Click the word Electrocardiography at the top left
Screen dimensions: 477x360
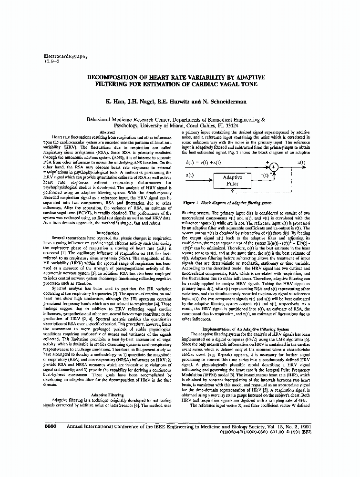(66, 56)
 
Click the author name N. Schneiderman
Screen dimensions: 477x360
(230, 102)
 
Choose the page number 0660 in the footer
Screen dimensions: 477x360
(51, 426)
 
